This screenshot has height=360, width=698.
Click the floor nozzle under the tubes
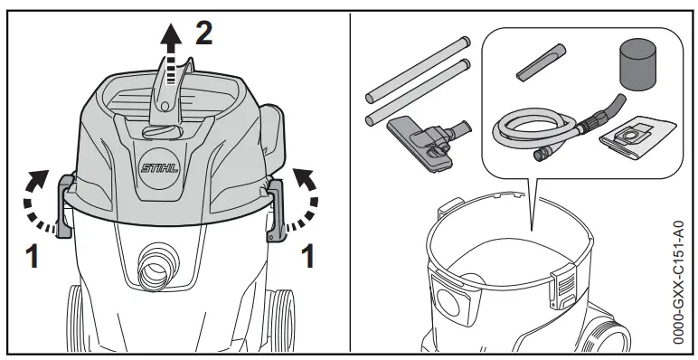click(x=425, y=136)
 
